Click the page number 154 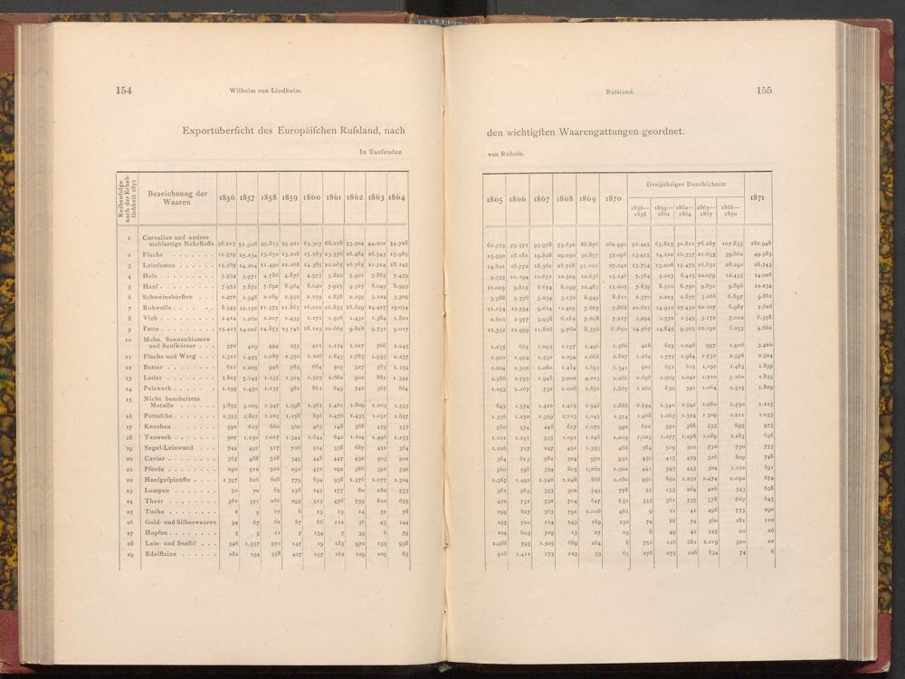(124, 90)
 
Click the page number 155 (764, 90)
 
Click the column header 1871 (757, 198)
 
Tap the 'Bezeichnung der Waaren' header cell (178, 198)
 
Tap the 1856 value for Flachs (227, 254)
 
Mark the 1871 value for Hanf (757, 286)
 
